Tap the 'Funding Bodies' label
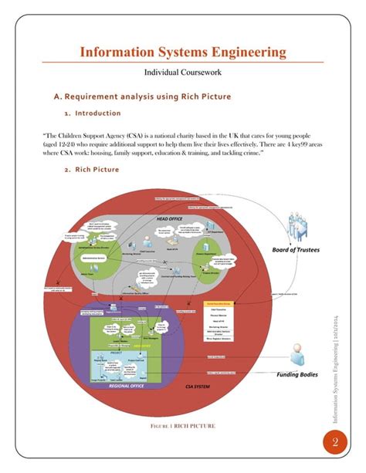(x=297, y=374)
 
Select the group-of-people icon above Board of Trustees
(x=300, y=228)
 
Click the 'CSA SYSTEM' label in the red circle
(x=198, y=385)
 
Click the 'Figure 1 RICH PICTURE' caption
(x=182, y=425)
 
